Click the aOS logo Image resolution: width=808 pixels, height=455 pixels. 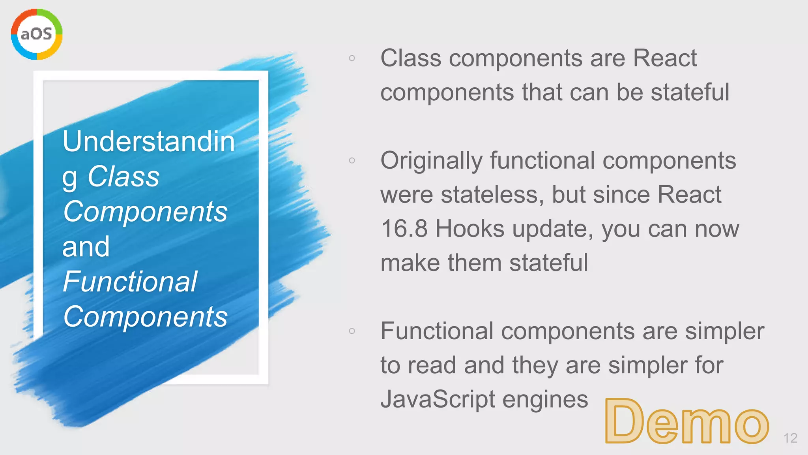(x=37, y=34)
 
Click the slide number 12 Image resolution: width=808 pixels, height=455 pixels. (x=790, y=438)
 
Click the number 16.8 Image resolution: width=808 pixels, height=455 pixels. (x=404, y=229)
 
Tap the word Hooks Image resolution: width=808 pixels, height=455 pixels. (x=470, y=229)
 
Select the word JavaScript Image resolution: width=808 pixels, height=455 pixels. (x=438, y=399)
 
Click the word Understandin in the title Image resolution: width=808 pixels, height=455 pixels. (x=149, y=141)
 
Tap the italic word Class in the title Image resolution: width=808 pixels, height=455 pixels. (x=123, y=176)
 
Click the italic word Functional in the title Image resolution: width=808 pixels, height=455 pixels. (x=130, y=282)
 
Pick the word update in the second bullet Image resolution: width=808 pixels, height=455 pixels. (x=552, y=229)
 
